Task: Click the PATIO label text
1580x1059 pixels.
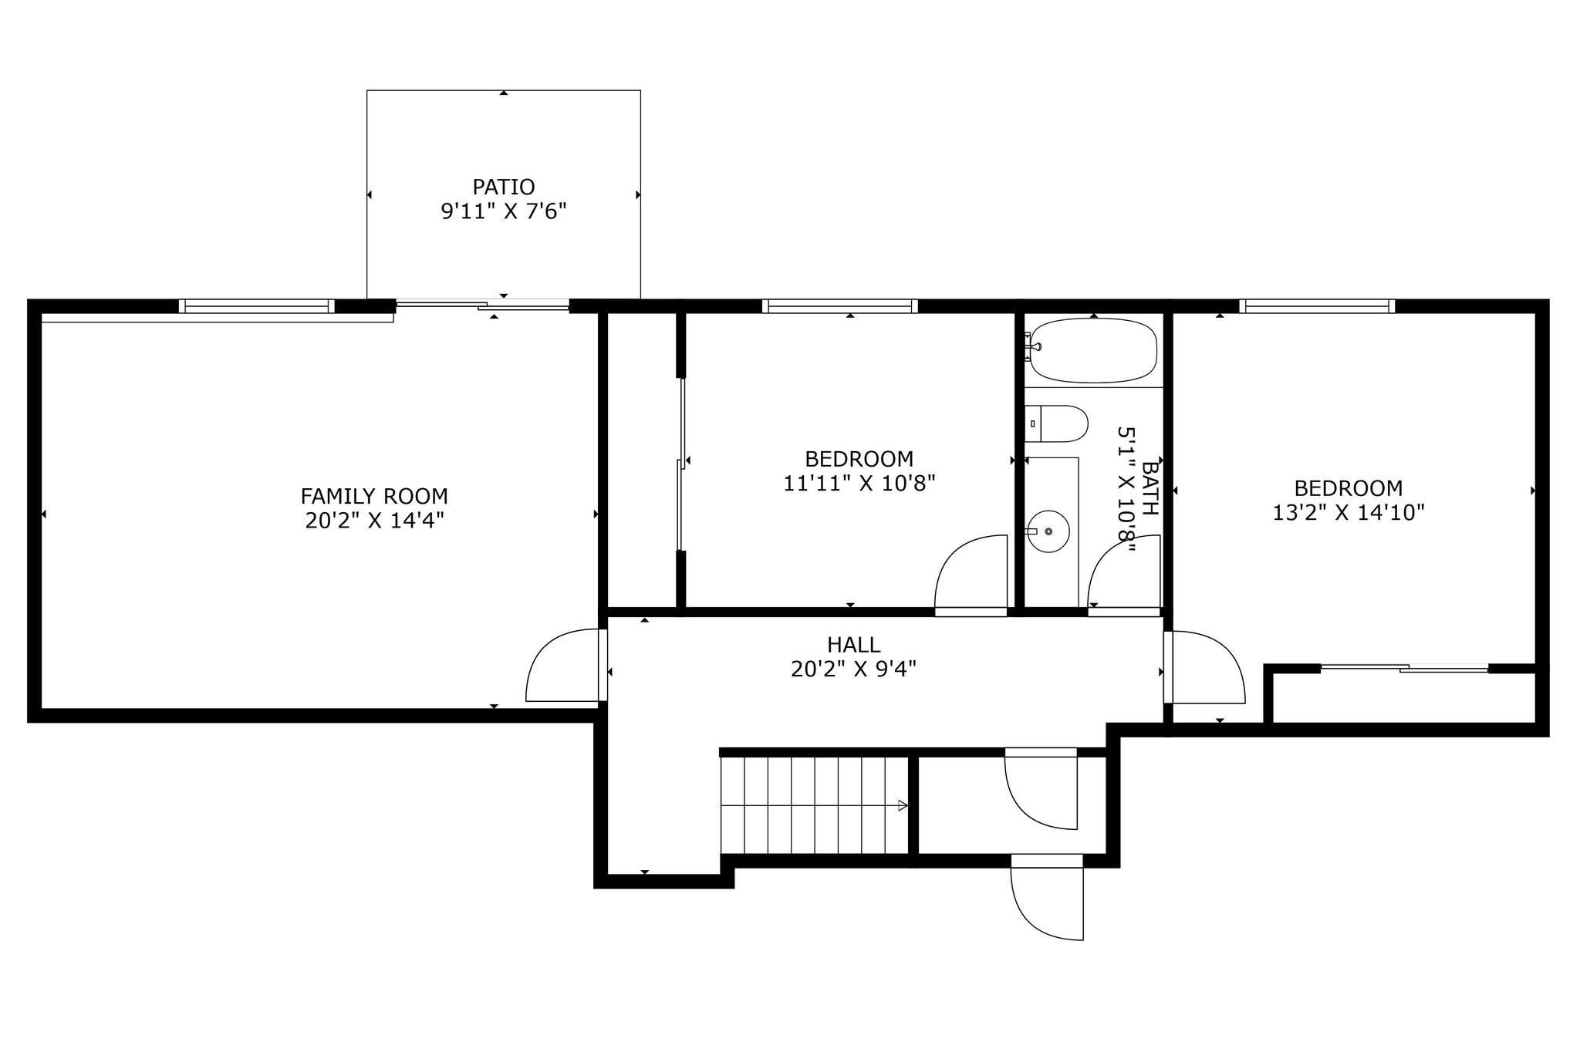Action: point(503,187)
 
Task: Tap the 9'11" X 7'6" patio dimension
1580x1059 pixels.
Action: point(503,211)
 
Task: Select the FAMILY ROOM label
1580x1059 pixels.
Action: point(374,496)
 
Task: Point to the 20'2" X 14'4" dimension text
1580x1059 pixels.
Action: point(374,521)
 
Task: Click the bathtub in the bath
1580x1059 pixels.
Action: point(1094,350)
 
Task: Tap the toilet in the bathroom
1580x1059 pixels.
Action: point(1056,423)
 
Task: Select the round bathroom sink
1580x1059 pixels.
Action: point(1048,531)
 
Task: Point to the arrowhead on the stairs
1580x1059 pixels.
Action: point(903,806)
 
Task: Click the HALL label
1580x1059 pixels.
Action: point(853,644)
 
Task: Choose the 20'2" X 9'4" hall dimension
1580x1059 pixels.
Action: point(853,669)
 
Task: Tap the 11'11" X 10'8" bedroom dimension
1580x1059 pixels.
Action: point(859,484)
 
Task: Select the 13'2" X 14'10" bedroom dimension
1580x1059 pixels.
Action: point(1349,513)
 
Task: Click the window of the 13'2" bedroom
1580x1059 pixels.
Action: point(1317,306)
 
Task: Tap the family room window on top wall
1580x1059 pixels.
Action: point(257,306)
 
